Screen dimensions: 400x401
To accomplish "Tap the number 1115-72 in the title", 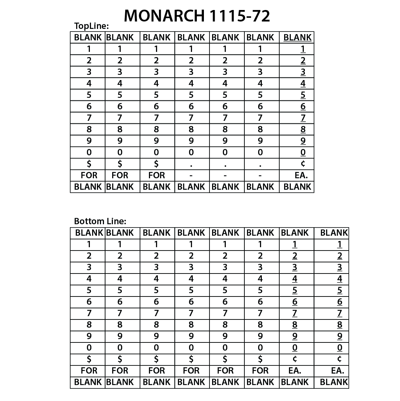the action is pyautogui.click(x=240, y=16).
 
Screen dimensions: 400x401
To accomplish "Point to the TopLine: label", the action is pyautogui.click(x=91, y=26).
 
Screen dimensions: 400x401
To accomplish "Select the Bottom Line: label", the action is pyautogui.click(x=100, y=221).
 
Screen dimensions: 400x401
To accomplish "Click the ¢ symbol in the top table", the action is pyautogui.click(x=303, y=163).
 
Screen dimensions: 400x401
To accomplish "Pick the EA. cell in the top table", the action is pyautogui.click(x=301, y=175).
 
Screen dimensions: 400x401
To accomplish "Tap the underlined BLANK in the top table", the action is pyautogui.click(x=297, y=37).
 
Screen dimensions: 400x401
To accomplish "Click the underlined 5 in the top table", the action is pyautogui.click(x=303, y=95).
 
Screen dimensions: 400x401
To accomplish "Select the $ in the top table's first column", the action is pyautogui.click(x=89, y=163).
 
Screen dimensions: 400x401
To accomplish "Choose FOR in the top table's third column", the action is pyautogui.click(x=156, y=175).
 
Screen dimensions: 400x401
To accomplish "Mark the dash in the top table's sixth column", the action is pyautogui.click(x=260, y=175).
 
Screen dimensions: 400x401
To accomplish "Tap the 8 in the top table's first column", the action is pyautogui.click(x=89, y=129).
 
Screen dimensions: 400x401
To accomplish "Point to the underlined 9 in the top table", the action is pyautogui.click(x=303, y=141).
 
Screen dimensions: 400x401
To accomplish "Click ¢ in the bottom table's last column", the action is pyautogui.click(x=339, y=359).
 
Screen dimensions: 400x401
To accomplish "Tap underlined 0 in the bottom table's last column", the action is pyautogui.click(x=339, y=348).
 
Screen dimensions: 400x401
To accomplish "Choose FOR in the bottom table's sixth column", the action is pyautogui.click(x=260, y=370).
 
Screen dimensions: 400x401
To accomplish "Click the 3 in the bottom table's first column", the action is pyautogui.click(x=89, y=267).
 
